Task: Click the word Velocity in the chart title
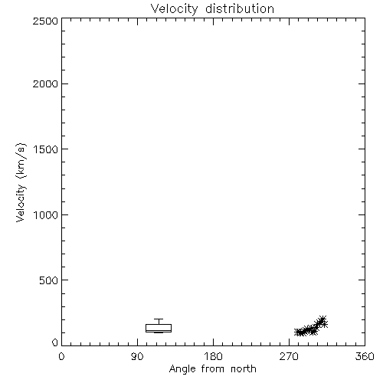175,9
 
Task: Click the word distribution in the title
240,8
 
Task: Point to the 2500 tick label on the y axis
45,21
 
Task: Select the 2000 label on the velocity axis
45,84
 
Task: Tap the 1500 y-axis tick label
46,149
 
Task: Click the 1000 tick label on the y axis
46,215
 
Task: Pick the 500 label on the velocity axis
49,280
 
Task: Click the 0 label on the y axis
55,342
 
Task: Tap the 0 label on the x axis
61,356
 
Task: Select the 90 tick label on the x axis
137,356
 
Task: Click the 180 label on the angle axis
213,356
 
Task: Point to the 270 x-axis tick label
289,356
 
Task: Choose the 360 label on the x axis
365,356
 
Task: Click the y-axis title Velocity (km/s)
21,182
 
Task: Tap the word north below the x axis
244,369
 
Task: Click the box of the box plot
159,325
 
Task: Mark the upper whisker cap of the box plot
159,319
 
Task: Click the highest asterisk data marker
322,319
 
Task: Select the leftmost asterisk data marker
298,332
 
